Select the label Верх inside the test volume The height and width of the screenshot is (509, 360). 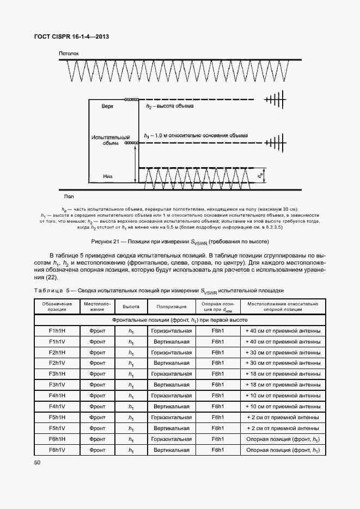point(108,107)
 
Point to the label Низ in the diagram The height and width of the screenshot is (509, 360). point(108,176)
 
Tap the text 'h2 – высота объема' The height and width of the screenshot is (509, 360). point(170,107)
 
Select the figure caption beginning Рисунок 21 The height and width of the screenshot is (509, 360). point(180,241)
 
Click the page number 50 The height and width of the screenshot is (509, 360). point(37,462)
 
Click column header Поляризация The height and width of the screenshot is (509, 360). point(172,306)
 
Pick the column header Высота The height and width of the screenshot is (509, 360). point(131,306)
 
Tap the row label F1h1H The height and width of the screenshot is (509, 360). point(57,331)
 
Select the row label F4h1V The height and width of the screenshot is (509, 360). point(57,406)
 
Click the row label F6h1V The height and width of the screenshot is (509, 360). point(57,450)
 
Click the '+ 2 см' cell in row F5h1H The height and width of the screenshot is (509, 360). point(283,417)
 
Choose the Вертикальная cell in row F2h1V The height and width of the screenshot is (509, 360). point(172,363)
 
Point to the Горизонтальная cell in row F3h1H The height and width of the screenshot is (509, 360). point(172,374)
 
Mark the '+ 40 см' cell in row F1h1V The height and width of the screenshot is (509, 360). point(283,342)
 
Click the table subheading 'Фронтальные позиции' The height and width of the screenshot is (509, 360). point(180,320)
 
